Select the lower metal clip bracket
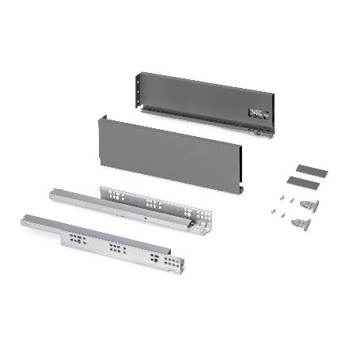[300, 224]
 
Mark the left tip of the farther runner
[53, 194]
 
